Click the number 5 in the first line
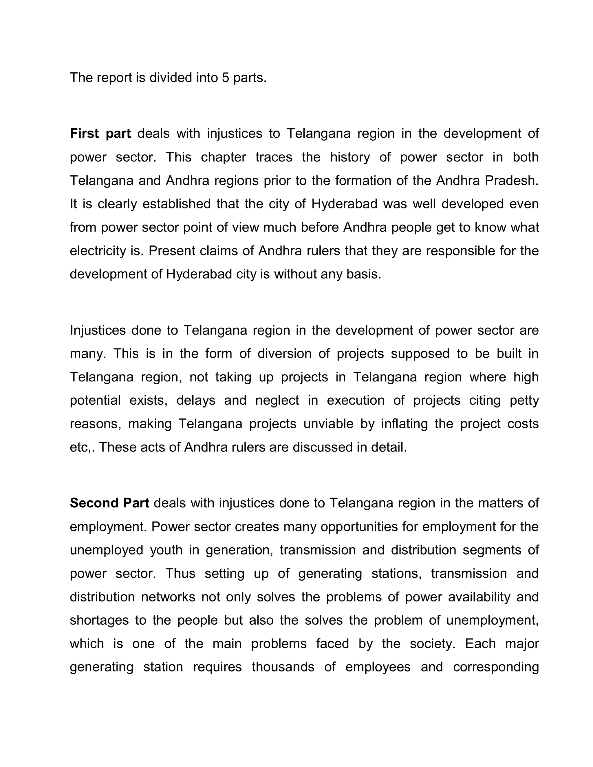tap(225, 78)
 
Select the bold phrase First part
tap(100, 133)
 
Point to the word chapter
tap(224, 157)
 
